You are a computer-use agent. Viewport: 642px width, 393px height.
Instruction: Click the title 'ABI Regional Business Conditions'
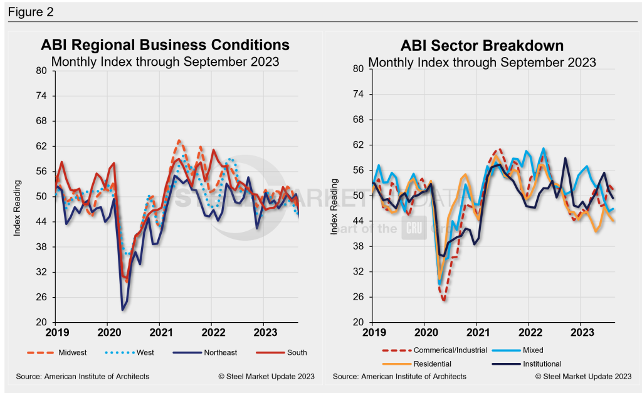165,45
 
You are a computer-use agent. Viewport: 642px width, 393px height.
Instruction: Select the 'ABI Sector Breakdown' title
482,46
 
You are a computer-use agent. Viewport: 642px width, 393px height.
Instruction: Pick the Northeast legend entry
219,352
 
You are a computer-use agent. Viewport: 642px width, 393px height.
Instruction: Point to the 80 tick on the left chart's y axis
43,70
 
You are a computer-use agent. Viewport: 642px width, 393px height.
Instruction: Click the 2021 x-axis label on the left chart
160,332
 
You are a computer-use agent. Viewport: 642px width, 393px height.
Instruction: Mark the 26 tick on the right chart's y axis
359,297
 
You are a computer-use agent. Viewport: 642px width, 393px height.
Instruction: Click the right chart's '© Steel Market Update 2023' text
584,377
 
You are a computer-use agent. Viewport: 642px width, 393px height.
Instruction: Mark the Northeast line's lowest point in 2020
122,310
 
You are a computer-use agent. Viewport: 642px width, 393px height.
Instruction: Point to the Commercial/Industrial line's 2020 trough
444,300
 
